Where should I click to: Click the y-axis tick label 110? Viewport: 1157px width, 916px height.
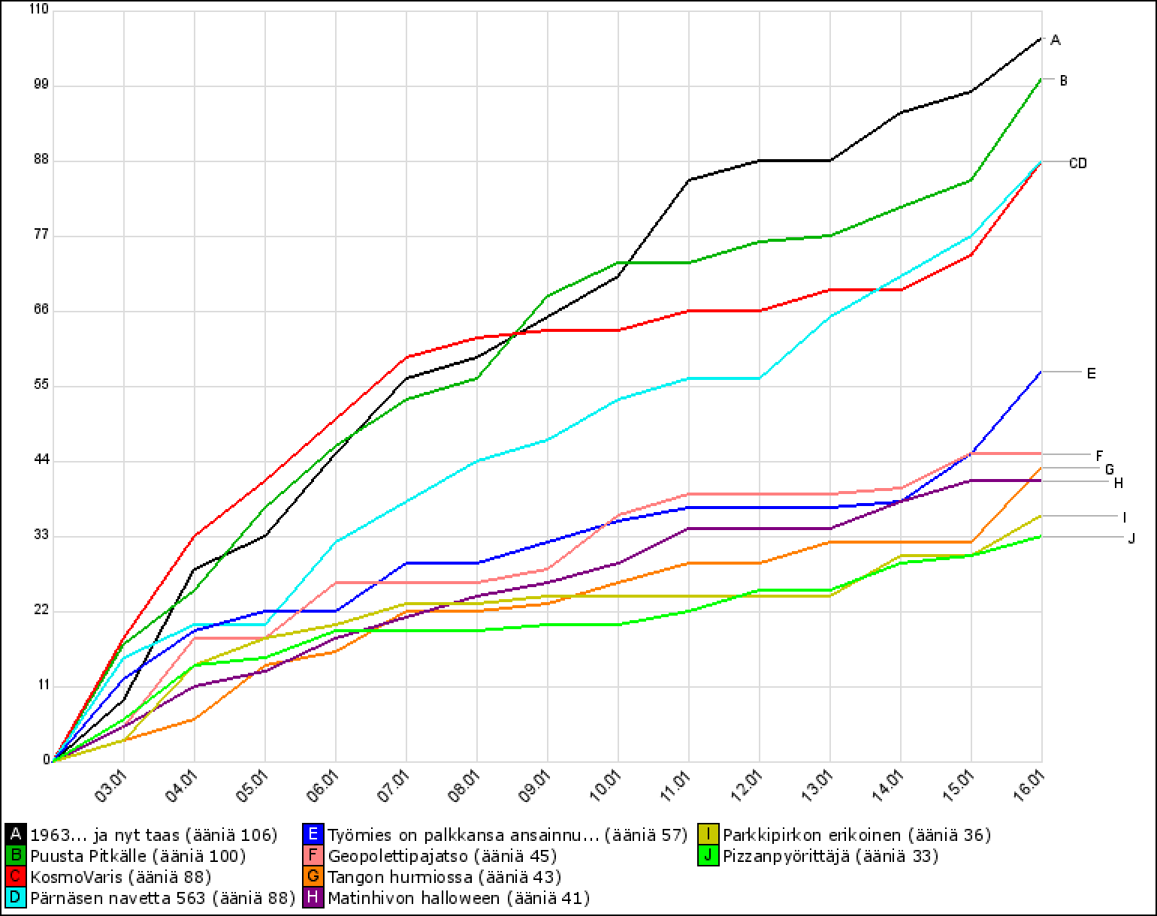click(x=38, y=10)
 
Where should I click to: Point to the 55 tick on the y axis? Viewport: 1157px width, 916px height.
click(x=41, y=385)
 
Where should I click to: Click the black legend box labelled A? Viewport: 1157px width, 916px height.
click(x=15, y=834)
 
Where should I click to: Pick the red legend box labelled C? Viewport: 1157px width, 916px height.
click(x=15, y=876)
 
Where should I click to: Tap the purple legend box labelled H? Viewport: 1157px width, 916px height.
click(x=314, y=897)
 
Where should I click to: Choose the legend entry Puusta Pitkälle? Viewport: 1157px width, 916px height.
click(x=138, y=855)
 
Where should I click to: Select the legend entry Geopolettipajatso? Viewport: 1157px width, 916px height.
click(x=443, y=855)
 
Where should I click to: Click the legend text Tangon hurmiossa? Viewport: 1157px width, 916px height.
click(x=445, y=876)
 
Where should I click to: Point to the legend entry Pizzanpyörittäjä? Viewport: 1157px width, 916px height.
click(x=830, y=855)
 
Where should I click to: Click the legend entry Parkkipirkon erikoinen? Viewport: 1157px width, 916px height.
click(x=856, y=834)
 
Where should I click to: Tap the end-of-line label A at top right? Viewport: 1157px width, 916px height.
click(x=1055, y=41)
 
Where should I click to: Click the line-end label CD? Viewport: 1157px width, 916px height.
click(x=1077, y=163)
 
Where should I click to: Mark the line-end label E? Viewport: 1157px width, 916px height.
click(x=1091, y=372)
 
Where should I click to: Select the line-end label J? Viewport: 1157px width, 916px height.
click(x=1131, y=538)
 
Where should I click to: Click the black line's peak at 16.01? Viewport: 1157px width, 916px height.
click(x=1041, y=38)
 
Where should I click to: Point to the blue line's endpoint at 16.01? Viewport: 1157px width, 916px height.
click(x=1041, y=372)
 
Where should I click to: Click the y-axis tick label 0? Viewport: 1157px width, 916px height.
click(x=46, y=761)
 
